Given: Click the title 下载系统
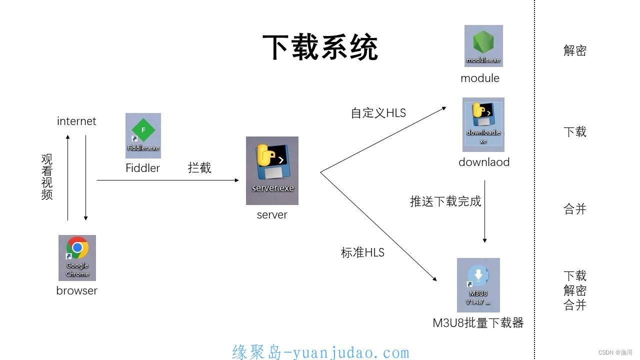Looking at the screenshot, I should pyautogui.click(x=320, y=48).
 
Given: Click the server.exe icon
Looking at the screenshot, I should pyautogui.click(x=272, y=170).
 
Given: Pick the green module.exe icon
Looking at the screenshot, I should pyautogui.click(x=483, y=45).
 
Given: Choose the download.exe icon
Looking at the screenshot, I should pyautogui.click(x=483, y=124).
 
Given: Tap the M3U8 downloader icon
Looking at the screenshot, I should pyautogui.click(x=478, y=284).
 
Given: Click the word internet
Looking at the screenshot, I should pyautogui.click(x=76, y=121).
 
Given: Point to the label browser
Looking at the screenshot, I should pyautogui.click(x=76, y=290).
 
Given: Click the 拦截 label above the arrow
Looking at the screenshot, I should pyautogui.click(x=199, y=168).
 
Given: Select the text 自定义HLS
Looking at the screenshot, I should pyautogui.click(x=378, y=113).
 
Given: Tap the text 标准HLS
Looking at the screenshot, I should pyautogui.click(x=362, y=252).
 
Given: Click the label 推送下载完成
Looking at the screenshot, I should pyautogui.click(x=445, y=201).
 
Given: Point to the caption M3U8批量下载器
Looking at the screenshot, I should pyautogui.click(x=477, y=323).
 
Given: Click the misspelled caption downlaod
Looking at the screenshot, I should pyautogui.click(x=483, y=162).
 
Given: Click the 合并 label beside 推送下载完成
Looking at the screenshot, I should pyautogui.click(x=574, y=209).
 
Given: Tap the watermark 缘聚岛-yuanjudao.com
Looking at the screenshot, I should pyautogui.click(x=320, y=352).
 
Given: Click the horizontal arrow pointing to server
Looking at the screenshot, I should pyautogui.click(x=167, y=180).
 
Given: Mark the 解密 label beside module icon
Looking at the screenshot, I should pyautogui.click(x=574, y=50).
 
